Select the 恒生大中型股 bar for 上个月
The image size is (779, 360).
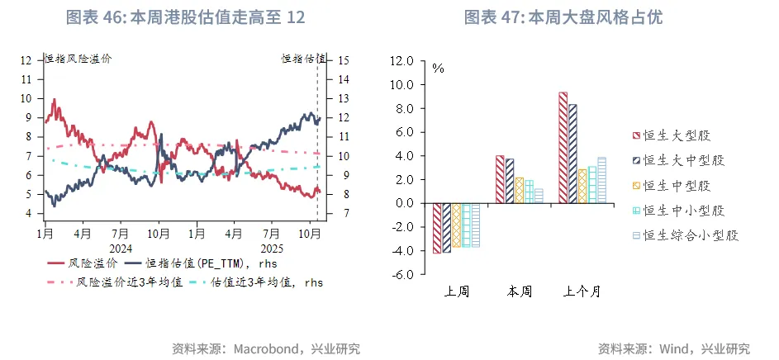[572, 154]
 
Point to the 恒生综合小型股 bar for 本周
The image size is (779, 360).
[539, 196]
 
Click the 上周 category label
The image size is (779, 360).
[456, 291]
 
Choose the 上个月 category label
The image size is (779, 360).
[582, 291]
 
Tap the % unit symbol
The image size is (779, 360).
[438, 69]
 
